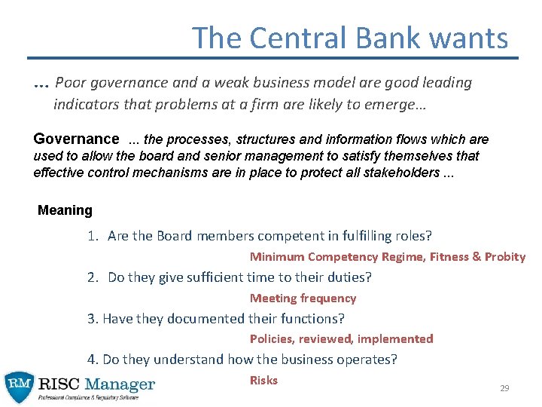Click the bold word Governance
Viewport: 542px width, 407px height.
(x=76, y=139)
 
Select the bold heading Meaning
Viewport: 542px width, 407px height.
(x=65, y=210)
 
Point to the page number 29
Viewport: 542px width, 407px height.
(x=504, y=388)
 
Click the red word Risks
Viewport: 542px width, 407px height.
(x=263, y=380)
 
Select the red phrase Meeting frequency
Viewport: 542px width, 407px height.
(x=303, y=298)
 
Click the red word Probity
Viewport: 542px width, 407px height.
(x=504, y=256)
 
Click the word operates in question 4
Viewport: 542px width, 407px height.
(x=369, y=360)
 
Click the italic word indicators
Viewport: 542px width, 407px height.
(x=85, y=103)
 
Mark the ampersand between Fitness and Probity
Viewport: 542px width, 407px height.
(x=476, y=256)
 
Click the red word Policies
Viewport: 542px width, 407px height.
(x=273, y=338)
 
